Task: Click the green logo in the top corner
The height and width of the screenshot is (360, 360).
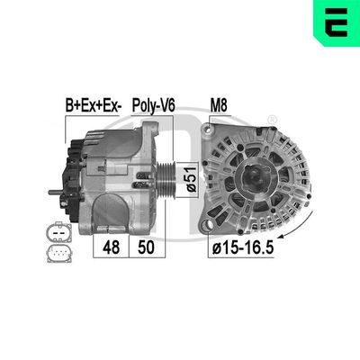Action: point(334,22)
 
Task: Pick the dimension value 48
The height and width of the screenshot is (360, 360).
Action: point(112,246)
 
